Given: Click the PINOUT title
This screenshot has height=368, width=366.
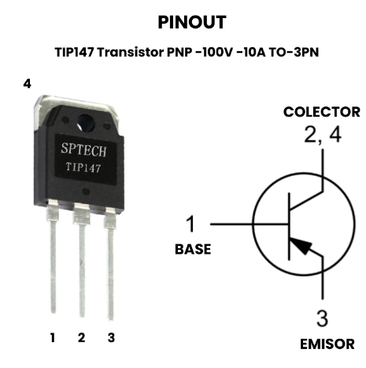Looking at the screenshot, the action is click(192, 22).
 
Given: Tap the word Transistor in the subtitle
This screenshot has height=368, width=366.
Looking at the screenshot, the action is click(131, 52).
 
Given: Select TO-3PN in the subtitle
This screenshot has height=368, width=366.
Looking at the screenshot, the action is click(294, 52).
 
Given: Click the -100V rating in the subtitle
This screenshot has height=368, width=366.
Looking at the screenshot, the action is click(213, 52).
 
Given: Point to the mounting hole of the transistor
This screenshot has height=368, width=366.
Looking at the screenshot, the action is click(86, 123).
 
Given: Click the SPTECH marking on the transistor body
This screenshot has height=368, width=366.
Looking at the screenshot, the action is click(83, 150).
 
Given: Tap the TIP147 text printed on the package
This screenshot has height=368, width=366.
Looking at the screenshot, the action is click(83, 168).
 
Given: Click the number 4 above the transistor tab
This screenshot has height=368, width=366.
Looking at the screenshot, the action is click(27, 84).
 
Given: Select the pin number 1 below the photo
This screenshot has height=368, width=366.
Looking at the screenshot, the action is click(53, 337).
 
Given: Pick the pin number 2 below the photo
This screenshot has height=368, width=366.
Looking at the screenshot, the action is click(82, 337).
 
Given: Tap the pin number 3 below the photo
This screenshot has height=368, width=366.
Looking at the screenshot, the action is click(111, 337).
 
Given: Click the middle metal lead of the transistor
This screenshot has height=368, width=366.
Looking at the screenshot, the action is click(82, 260).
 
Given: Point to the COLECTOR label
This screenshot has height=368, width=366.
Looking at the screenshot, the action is click(322, 112).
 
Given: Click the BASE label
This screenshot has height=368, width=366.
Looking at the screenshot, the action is click(193, 249).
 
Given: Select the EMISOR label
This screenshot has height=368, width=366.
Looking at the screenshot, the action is click(327, 344).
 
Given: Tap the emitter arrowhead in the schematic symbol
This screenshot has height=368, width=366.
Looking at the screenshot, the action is click(301, 246).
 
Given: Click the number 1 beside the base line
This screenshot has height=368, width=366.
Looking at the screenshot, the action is click(190, 224).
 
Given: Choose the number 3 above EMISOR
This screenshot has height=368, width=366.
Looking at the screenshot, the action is click(322, 318).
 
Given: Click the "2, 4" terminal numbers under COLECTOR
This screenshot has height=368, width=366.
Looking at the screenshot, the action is click(323, 135).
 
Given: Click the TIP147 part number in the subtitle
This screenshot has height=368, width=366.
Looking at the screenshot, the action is click(74, 52).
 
